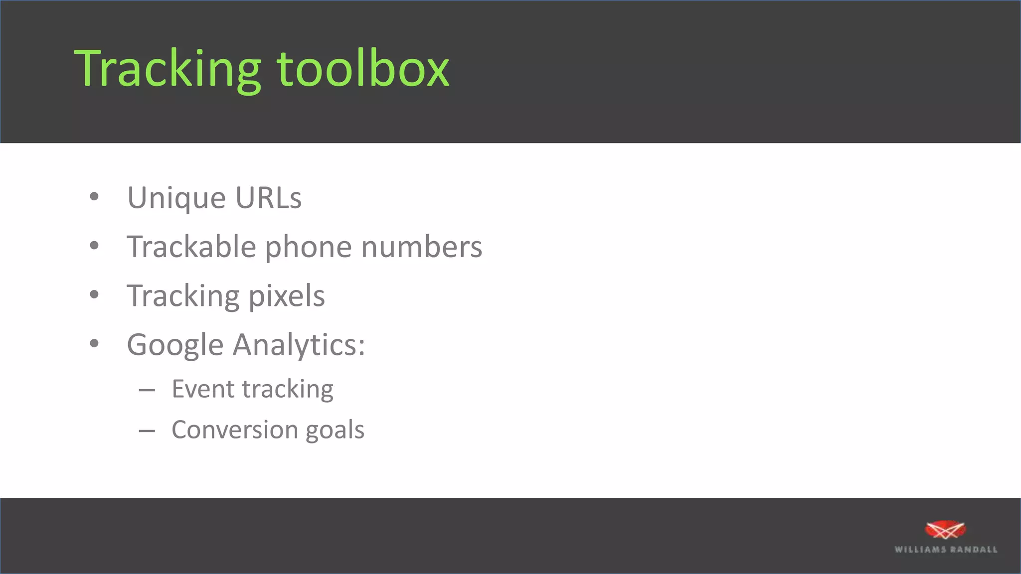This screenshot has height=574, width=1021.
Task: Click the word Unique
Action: click(176, 198)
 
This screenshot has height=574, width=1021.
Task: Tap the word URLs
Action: click(268, 197)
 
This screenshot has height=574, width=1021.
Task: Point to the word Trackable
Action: click(191, 247)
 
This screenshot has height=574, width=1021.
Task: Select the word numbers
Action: click(421, 247)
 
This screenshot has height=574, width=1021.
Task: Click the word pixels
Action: click(287, 296)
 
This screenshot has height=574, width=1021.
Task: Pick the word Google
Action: click(175, 345)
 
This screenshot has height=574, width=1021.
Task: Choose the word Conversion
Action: click(234, 430)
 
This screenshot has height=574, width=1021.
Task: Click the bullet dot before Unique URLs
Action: click(94, 197)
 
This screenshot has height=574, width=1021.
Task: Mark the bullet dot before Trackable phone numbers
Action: click(94, 245)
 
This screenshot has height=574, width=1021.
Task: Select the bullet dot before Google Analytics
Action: click(94, 343)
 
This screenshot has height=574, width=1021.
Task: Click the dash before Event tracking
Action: click(147, 390)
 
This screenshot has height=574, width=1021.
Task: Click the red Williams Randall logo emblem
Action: click(945, 530)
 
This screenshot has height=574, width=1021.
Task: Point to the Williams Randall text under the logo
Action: click(946, 550)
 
